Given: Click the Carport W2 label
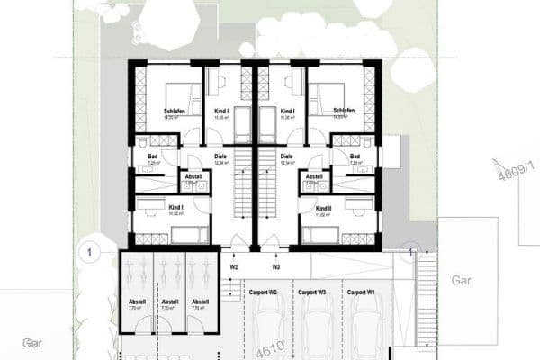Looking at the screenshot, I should point(259,292).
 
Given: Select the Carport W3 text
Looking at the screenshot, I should point(310,292).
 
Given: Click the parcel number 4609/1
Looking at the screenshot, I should point(509,169).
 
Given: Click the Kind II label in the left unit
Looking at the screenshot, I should point(176,208).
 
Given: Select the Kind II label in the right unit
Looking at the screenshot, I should point(324,208).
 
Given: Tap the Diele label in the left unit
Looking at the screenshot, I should point(221,156).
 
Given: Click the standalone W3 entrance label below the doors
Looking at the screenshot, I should point(276,267).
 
